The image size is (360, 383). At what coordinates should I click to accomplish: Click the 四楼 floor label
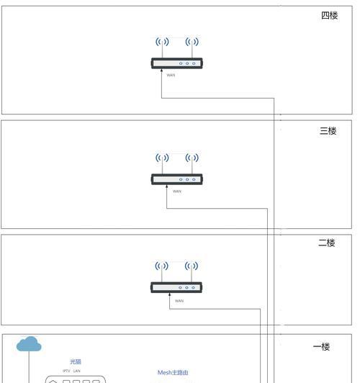(x=330, y=15)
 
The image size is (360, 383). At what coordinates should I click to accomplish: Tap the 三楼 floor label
(x=328, y=131)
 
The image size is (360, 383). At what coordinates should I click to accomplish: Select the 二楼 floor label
(x=327, y=243)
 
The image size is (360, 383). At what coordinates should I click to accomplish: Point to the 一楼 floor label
(x=321, y=346)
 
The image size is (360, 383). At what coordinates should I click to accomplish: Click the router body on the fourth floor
(x=177, y=63)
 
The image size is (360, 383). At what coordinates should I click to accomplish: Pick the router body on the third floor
(x=177, y=179)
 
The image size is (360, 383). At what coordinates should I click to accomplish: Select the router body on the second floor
(x=176, y=287)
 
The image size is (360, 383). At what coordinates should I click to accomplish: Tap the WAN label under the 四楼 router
(x=171, y=75)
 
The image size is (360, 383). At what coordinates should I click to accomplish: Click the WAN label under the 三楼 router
(x=177, y=191)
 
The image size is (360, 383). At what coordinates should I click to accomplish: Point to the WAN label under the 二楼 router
(x=179, y=301)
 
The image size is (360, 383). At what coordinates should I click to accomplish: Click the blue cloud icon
(x=29, y=343)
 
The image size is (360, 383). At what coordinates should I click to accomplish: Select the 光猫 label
(x=76, y=361)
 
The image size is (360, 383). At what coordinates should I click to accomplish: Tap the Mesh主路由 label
(x=173, y=372)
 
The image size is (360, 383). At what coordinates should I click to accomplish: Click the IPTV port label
(x=66, y=371)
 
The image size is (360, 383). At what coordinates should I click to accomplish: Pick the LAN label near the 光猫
(x=77, y=371)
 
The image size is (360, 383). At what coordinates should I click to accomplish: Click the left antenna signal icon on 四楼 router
(x=162, y=42)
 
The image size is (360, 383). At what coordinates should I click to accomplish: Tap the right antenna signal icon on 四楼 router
(x=192, y=42)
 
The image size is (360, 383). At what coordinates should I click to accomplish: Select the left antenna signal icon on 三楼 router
(x=162, y=158)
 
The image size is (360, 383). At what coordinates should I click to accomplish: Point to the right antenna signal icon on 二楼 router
(x=192, y=266)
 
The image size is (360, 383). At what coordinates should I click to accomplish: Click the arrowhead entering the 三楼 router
(x=167, y=186)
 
